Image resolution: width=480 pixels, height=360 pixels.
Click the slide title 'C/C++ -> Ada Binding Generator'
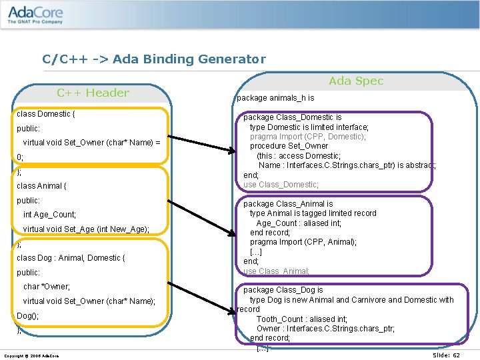[154, 59]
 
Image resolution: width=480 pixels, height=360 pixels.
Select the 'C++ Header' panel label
[93, 93]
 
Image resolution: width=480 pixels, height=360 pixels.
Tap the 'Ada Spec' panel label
[356, 81]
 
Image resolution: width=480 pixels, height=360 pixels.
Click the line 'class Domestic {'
[46, 114]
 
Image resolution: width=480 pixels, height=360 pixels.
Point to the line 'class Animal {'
[42, 186]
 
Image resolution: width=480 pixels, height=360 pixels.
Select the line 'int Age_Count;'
[50, 215]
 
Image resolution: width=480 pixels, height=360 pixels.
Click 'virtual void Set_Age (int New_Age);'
[87, 229]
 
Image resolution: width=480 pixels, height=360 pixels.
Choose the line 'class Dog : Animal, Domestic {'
[71, 258]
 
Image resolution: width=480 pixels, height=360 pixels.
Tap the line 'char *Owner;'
[47, 287]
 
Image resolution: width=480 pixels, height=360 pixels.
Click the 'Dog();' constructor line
[28, 316]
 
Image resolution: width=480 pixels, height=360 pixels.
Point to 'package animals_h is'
[275, 98]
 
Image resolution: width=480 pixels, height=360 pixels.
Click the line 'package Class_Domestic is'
[292, 117]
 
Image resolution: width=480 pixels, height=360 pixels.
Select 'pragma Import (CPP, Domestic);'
[307, 137]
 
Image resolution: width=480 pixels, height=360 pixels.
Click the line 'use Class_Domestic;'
[281, 185]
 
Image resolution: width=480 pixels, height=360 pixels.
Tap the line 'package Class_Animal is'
[288, 204]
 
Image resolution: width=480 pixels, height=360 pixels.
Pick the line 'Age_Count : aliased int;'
[302, 223]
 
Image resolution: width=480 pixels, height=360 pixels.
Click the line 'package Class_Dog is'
[283, 290]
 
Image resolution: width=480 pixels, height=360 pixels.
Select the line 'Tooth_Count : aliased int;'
[302, 319]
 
